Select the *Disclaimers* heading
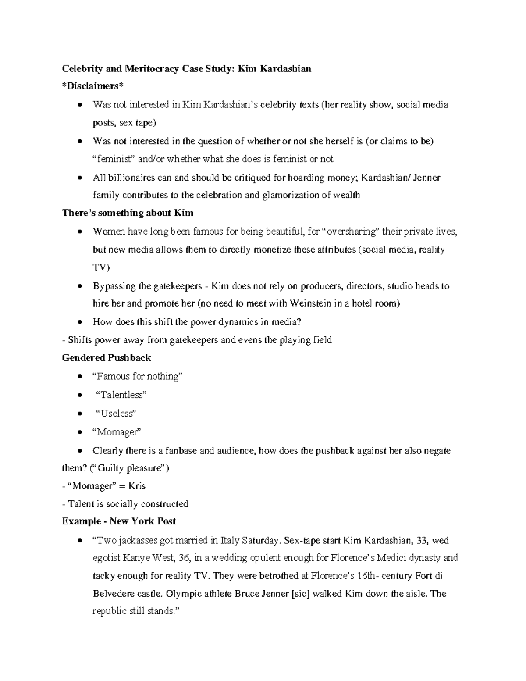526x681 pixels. (90, 86)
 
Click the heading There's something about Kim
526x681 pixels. (128, 213)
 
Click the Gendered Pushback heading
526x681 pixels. (107, 358)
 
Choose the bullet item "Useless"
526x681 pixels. (116, 413)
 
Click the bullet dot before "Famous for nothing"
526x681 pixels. (79, 377)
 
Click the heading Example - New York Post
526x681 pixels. (119, 521)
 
